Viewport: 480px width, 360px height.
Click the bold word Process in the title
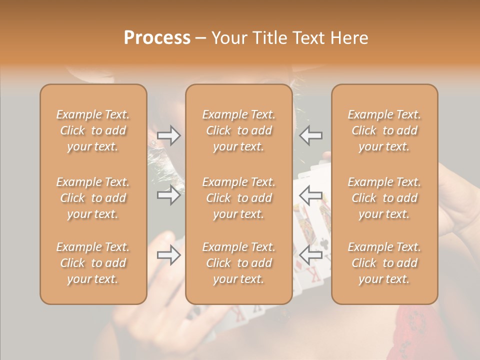pos(157,38)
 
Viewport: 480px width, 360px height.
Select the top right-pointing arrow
pos(169,135)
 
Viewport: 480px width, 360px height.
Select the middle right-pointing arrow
pos(169,195)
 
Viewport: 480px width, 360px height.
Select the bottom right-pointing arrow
pos(169,255)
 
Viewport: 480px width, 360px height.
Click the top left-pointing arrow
pos(310,135)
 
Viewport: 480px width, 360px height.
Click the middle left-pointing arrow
pos(310,195)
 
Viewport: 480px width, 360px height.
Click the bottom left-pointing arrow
pos(310,255)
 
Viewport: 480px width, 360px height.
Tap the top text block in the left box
pos(93,130)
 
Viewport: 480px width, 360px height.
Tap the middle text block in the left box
pos(93,198)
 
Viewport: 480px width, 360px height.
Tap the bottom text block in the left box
pos(93,263)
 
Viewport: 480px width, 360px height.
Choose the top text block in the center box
pos(238,130)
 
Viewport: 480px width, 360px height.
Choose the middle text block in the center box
pos(238,198)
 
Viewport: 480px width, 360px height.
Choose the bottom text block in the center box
pos(238,263)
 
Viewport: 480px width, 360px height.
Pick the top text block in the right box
pos(384,130)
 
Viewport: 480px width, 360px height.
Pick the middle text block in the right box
pos(384,198)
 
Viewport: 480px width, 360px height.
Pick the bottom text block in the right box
pos(384,263)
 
